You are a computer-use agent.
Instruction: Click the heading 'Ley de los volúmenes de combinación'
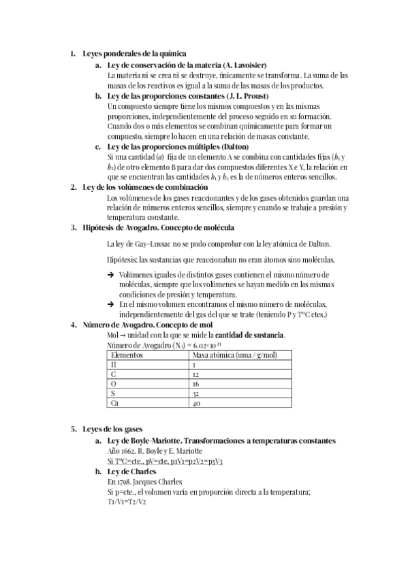(145, 186)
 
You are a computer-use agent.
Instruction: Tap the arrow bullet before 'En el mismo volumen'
(111, 304)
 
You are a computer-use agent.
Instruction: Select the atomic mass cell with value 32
(195, 394)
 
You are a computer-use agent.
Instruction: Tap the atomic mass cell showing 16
(195, 384)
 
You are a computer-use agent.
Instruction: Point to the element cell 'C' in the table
(114, 375)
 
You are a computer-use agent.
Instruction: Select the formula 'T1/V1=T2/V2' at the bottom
(127, 501)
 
